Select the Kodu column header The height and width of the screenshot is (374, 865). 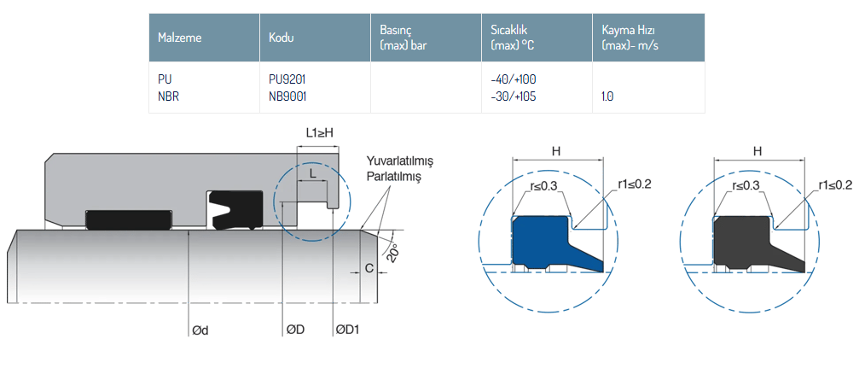coord(282,38)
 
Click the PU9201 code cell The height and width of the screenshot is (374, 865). coord(287,79)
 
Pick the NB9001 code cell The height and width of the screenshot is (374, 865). coord(287,96)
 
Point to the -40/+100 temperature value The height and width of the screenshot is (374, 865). coord(514,79)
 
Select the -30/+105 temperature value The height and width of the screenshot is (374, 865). coord(514,96)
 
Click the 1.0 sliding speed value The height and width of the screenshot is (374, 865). coord(607,96)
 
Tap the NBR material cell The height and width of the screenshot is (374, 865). coord(168,96)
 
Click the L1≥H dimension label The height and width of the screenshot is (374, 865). coord(319,133)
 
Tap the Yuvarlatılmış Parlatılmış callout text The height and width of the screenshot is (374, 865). coord(400,168)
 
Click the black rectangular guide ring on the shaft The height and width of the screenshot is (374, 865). coord(128,219)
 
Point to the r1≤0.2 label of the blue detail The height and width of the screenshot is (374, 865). coord(634,184)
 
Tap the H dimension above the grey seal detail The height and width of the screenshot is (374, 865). coord(757,151)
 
